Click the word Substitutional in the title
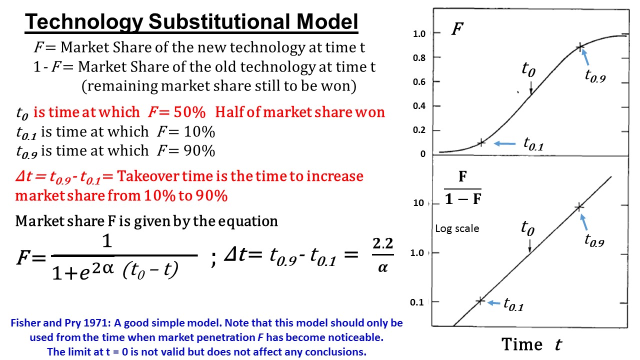(x=219, y=21)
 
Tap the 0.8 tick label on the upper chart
(x=419, y=58)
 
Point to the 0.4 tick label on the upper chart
(x=419, y=106)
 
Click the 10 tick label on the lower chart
(x=418, y=203)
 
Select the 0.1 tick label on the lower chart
(x=416, y=302)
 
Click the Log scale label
(x=457, y=228)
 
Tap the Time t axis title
(x=531, y=344)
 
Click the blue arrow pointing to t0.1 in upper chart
(x=504, y=143)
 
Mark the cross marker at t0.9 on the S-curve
(x=580, y=47)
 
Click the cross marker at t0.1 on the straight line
(x=480, y=301)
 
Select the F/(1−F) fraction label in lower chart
(x=463, y=188)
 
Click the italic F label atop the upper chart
(x=457, y=29)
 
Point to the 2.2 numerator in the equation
(x=383, y=243)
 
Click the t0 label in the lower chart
(x=527, y=228)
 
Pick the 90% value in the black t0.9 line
(x=199, y=151)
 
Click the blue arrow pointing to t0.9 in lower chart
(x=584, y=222)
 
